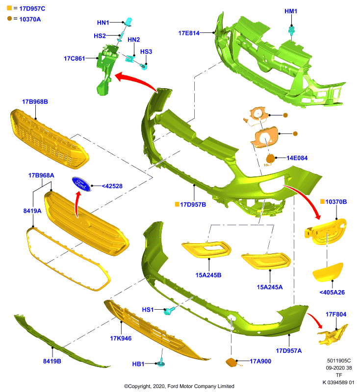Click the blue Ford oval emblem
pyautogui.click(x=81, y=184)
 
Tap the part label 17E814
pyautogui.click(x=189, y=33)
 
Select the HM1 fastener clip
pyautogui.click(x=291, y=30)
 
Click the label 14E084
pyautogui.click(x=297, y=158)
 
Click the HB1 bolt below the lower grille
pyautogui.click(x=160, y=363)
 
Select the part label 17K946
pyautogui.click(x=121, y=338)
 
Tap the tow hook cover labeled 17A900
pyautogui.click(x=232, y=362)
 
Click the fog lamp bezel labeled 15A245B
pyautogui.click(x=206, y=249)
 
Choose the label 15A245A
pyautogui.click(x=270, y=287)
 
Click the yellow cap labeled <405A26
pyautogui.click(x=328, y=272)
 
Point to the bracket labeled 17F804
pyautogui.click(x=333, y=335)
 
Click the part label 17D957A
pyautogui.click(x=289, y=351)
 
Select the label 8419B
pyautogui.click(x=52, y=361)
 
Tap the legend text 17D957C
pyautogui.click(x=32, y=9)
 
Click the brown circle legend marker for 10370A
pyautogui.click(x=9, y=19)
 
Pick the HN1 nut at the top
pyautogui.click(x=129, y=22)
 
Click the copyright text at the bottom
pyautogui.click(x=179, y=386)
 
